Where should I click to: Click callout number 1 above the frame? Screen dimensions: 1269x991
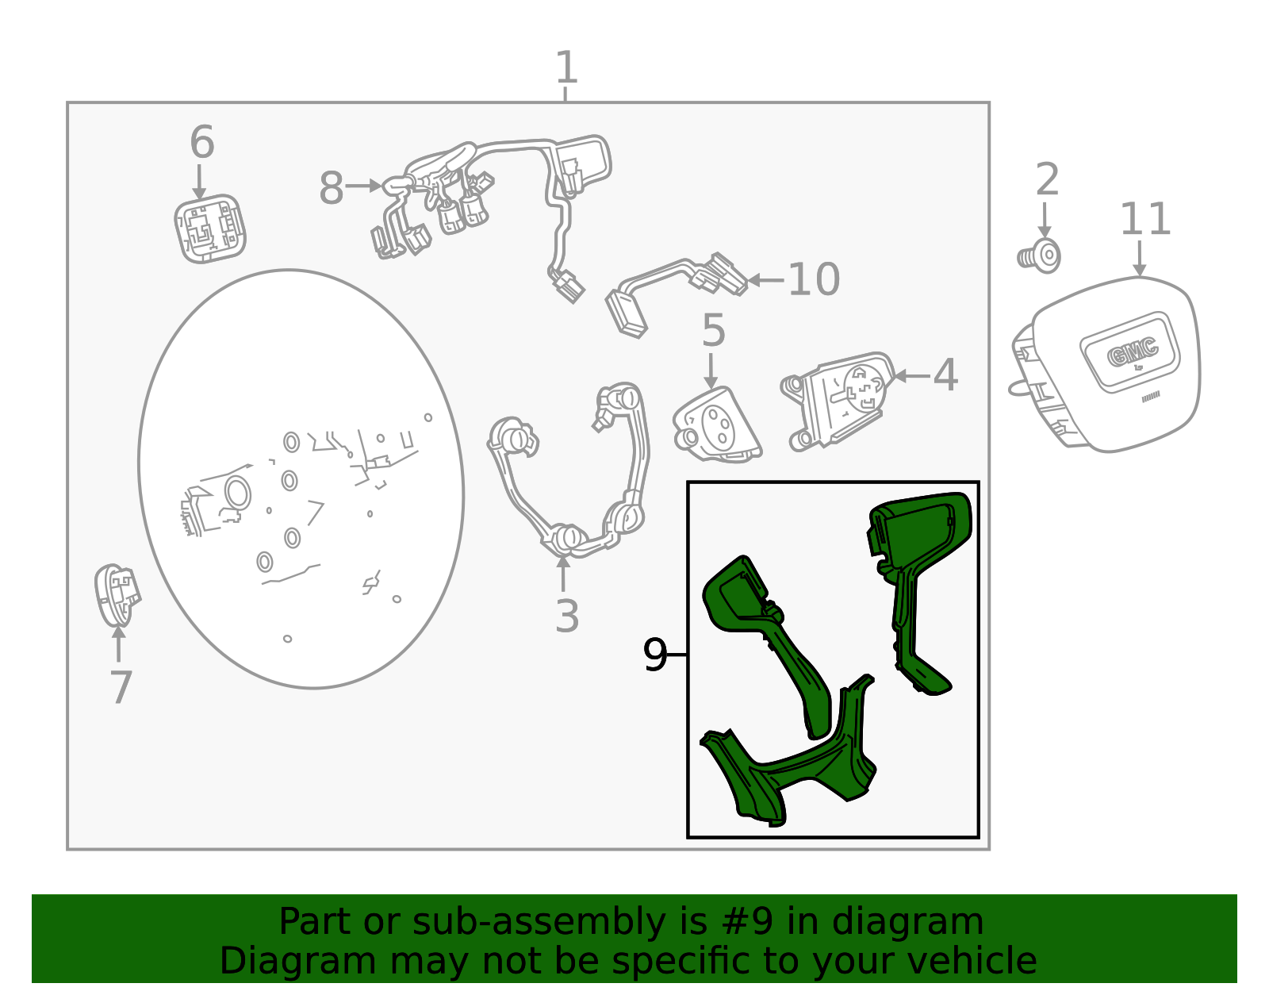pos(565,67)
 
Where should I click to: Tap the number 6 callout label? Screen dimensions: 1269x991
pos(202,142)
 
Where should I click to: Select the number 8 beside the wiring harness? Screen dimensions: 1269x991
pos(331,188)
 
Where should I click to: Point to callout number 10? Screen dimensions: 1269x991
pos(814,279)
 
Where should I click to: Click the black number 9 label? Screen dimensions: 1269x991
pos(654,655)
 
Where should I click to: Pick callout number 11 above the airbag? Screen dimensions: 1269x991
pos(1145,220)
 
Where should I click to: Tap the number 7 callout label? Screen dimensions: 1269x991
pos(121,687)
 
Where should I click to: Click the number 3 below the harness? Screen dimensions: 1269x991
pos(567,616)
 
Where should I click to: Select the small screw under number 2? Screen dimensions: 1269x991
pos(1040,256)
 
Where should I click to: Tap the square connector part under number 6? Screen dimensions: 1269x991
pos(210,229)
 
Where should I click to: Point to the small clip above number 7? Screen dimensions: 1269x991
pos(117,595)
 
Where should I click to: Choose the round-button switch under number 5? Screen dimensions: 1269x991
pos(717,425)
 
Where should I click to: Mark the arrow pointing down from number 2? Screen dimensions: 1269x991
pos(1045,220)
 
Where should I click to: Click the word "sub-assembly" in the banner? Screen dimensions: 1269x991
pos(539,923)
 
